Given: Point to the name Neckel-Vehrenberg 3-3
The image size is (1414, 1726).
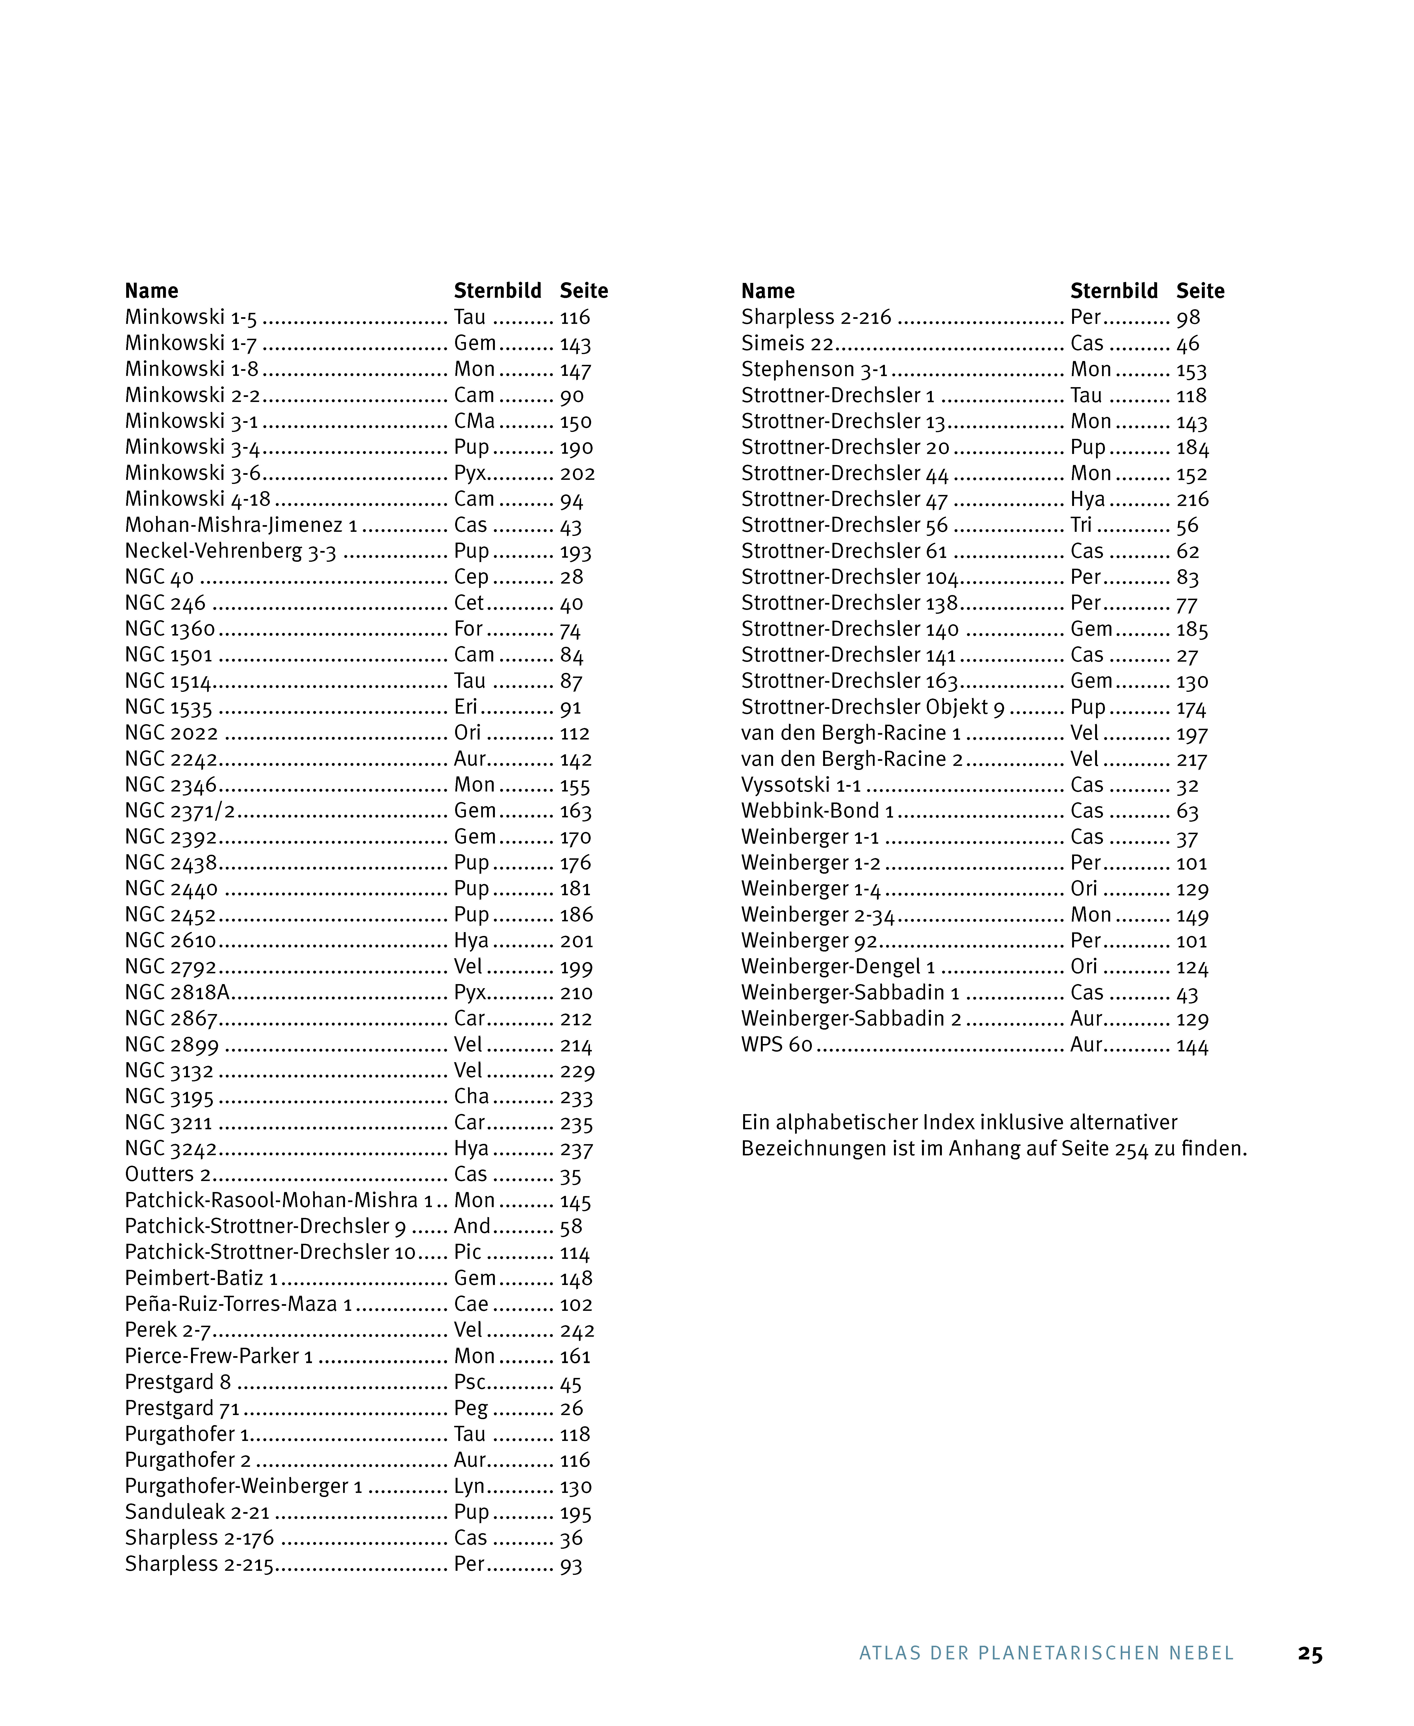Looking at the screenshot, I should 231,552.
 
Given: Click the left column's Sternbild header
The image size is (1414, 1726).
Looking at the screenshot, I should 497,291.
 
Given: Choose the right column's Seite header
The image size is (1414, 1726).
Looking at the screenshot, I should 1200,291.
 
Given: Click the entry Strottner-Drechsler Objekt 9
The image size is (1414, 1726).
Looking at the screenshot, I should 872,707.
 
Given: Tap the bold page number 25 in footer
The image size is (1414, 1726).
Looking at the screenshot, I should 1310,1653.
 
